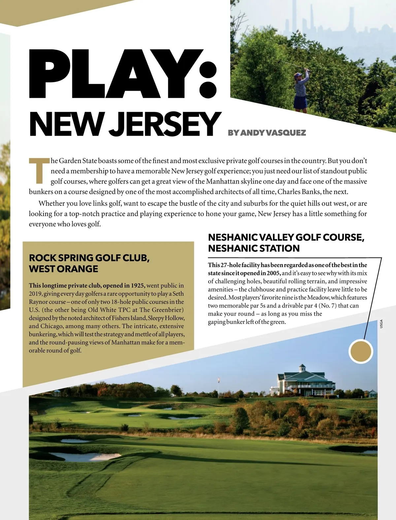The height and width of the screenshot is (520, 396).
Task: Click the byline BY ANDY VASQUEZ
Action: click(267, 133)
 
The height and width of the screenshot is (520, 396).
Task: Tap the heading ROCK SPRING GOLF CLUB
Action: click(89, 258)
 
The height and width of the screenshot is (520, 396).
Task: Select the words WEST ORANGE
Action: click(63, 269)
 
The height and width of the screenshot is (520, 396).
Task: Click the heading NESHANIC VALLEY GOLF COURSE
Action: click(286, 237)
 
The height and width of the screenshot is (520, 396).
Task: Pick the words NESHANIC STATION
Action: click(254, 248)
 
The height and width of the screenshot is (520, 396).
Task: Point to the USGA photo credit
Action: click(381, 324)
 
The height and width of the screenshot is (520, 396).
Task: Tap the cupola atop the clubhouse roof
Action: click(302, 367)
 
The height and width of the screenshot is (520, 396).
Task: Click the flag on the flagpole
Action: click(218, 380)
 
